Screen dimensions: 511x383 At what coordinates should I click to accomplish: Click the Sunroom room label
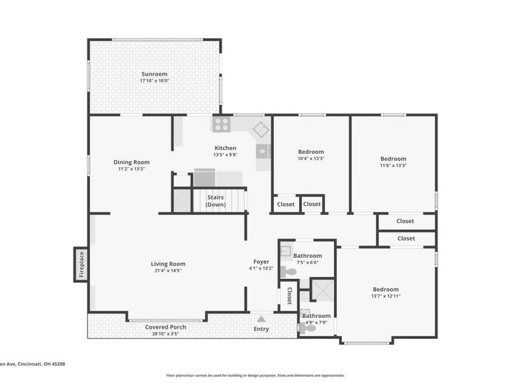(155, 74)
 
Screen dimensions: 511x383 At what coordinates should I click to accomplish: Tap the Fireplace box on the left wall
(81, 264)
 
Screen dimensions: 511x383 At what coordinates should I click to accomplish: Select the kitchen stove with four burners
(222, 124)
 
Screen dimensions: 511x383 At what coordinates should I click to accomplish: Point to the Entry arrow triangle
(261, 319)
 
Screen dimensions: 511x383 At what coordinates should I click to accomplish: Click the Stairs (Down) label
(216, 201)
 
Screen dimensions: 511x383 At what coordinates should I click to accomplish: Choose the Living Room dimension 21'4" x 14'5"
(168, 271)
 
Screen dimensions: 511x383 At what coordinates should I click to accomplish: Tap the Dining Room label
(132, 162)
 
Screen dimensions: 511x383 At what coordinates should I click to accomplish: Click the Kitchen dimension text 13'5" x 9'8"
(225, 155)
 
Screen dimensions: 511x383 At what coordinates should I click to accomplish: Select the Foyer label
(261, 262)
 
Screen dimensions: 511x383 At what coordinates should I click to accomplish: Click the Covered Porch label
(165, 327)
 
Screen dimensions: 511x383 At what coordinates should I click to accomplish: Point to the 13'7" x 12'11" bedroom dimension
(386, 296)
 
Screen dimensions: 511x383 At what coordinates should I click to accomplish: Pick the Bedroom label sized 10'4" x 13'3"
(311, 152)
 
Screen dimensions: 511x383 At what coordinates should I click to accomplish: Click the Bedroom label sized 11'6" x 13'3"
(393, 158)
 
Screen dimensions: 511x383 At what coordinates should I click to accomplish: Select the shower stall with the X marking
(323, 290)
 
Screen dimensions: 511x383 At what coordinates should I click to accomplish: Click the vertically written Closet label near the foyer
(289, 296)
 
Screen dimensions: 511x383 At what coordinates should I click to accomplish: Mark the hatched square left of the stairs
(182, 200)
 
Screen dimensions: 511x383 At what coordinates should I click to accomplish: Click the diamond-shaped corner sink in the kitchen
(261, 130)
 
